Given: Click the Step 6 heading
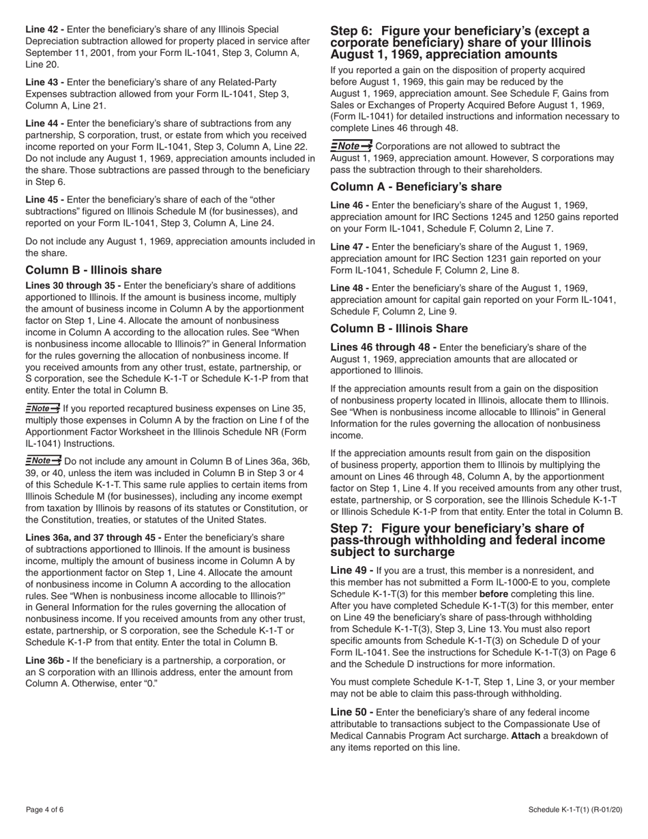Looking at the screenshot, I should (x=460, y=42).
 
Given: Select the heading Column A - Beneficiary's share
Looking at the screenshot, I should (x=415, y=187).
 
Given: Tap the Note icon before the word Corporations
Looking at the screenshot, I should (x=351, y=146).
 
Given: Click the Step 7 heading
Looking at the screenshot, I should (x=467, y=540).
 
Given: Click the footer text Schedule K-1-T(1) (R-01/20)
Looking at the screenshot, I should (x=575, y=810).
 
